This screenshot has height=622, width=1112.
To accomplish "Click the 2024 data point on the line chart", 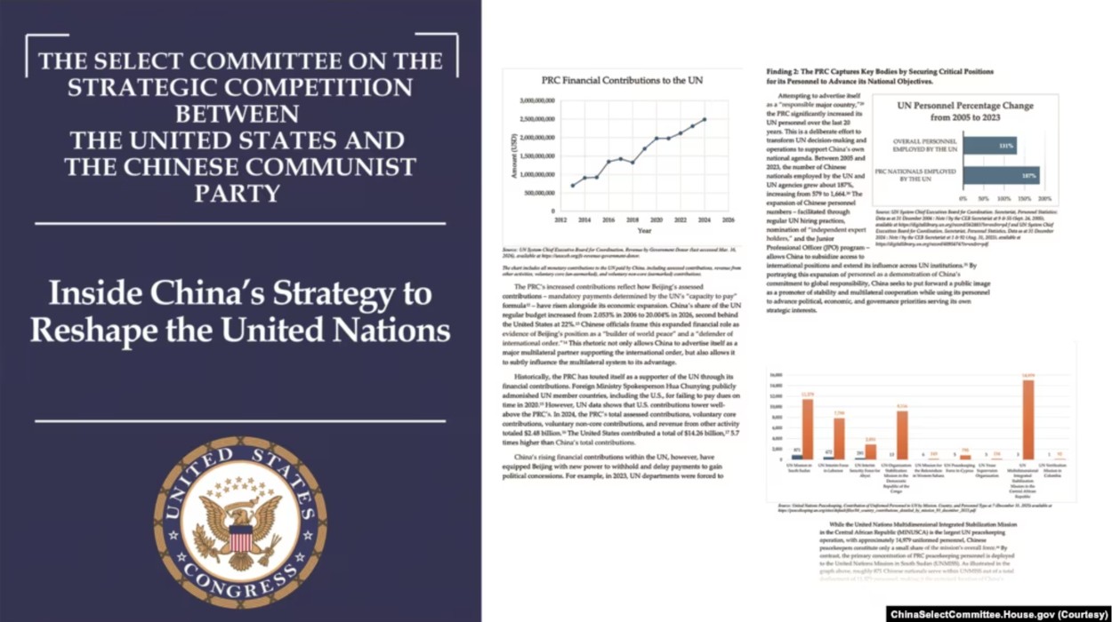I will tap(705, 119).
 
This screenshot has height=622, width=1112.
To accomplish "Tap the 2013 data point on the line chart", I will tap(572, 186).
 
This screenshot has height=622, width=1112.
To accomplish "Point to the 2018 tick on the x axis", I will tap(633, 219).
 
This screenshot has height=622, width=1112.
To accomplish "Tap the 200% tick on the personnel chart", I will tap(1044, 198).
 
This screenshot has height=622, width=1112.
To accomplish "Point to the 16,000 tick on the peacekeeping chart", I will tap(776, 375).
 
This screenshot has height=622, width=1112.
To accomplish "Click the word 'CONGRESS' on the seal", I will tap(239, 581).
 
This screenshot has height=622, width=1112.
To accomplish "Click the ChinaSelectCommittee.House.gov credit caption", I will tap(998, 614).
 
